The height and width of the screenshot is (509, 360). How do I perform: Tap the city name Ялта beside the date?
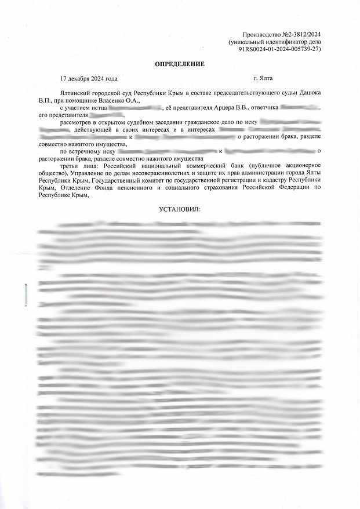pyautogui.click(x=266, y=78)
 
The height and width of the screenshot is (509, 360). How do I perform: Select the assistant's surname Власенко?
pyautogui.click(x=108, y=100)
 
